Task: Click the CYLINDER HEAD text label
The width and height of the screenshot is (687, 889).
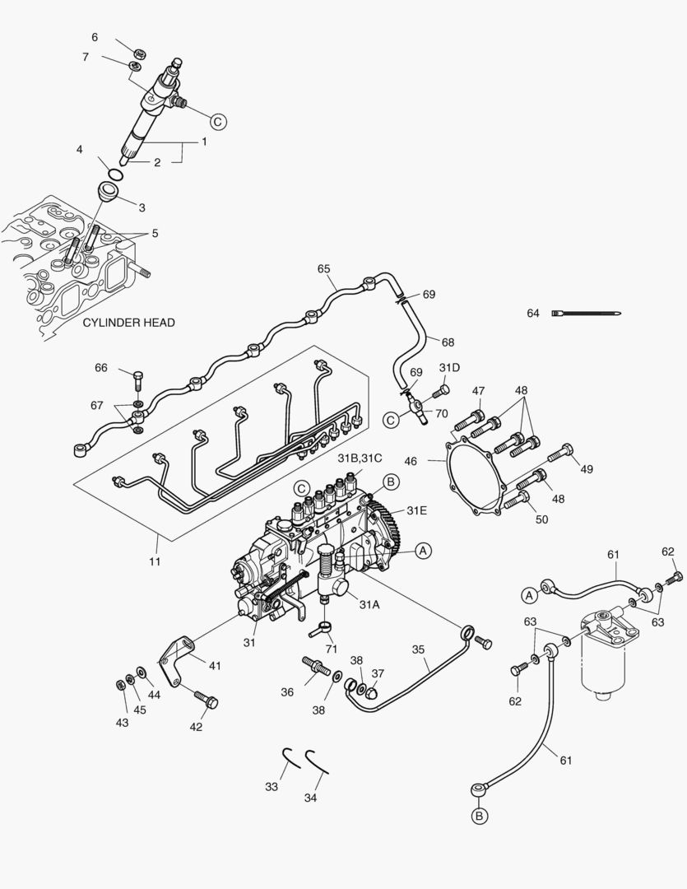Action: tap(128, 323)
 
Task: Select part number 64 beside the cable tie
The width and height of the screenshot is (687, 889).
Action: tap(533, 313)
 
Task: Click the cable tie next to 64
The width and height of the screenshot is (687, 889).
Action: tap(587, 313)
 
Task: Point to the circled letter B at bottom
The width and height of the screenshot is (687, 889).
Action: tap(479, 816)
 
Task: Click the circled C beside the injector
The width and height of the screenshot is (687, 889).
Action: tap(218, 121)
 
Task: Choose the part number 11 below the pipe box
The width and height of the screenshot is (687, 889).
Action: tap(155, 561)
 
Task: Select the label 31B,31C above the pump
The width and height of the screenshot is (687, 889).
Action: tap(360, 458)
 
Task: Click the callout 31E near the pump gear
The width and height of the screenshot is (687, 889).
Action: tap(416, 510)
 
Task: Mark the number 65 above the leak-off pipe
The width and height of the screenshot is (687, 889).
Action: tap(323, 269)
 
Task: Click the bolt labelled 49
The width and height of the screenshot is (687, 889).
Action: tap(562, 451)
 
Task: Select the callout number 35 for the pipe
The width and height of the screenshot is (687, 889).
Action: tap(418, 649)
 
